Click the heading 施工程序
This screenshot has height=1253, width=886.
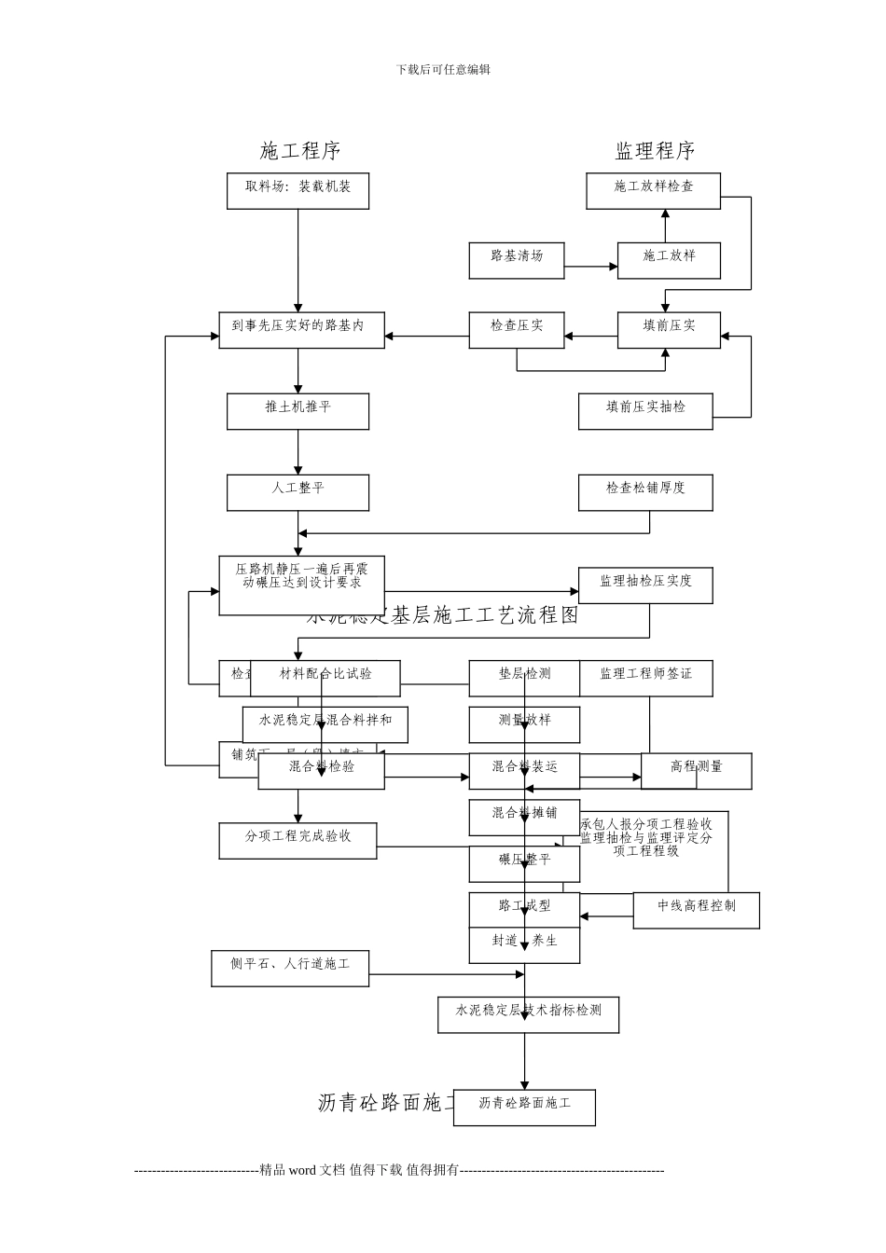[300, 151]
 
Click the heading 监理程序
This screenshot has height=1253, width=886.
[655, 151]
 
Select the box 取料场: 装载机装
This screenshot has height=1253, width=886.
[298, 190]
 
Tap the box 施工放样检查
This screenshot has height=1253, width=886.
[653, 190]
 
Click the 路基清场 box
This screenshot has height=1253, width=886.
[516, 260]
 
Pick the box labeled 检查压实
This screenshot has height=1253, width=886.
[516, 330]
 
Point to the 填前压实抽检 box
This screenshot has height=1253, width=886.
[644, 411]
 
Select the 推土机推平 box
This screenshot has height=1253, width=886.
[298, 411]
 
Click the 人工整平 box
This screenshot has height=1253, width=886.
[298, 492]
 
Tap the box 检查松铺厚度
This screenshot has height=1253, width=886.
[644, 492]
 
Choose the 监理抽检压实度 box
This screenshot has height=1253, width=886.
[644, 585]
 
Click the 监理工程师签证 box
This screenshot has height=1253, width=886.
[645, 678]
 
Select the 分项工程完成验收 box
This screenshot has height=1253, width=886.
[298, 840]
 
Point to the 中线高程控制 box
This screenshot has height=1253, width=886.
[696, 910]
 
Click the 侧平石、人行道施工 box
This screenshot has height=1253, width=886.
[290, 968]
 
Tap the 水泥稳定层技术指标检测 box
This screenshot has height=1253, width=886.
[528, 1014]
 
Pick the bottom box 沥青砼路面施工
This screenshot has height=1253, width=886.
[524, 1108]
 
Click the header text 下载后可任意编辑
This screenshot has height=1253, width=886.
[443, 70]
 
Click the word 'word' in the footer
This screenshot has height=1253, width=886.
[302, 1170]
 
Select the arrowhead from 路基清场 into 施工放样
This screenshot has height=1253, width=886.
[614, 267]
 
